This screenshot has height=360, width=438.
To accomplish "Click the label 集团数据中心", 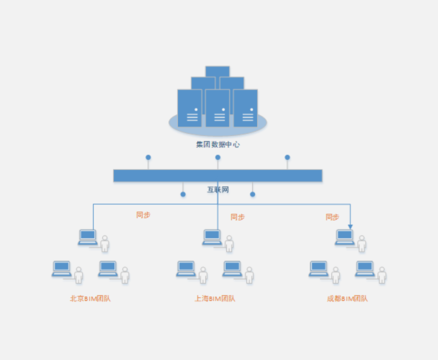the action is pyautogui.click(x=218, y=145).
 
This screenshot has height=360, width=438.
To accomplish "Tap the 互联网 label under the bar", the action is pyautogui.click(x=218, y=189).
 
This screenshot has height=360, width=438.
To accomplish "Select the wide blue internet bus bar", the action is pyautogui.click(x=218, y=176).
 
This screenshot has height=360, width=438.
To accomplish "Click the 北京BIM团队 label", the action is pyautogui.click(x=90, y=299).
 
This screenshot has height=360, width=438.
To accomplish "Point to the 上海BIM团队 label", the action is pyautogui.click(x=215, y=299).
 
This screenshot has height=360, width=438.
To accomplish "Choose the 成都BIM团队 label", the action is pyautogui.click(x=347, y=299).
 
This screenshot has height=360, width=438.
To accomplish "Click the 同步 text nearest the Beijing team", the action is pyautogui.click(x=143, y=215).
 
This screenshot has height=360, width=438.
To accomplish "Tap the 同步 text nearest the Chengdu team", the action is pyautogui.click(x=332, y=217).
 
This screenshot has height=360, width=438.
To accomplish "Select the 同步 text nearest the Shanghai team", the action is pyautogui.click(x=238, y=217).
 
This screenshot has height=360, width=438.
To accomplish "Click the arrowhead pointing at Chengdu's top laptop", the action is pyautogui.click(x=350, y=227).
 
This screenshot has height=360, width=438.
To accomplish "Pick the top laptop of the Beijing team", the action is pyautogui.click(x=88, y=238).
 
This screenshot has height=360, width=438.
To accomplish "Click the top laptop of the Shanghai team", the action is pyautogui.click(x=212, y=238).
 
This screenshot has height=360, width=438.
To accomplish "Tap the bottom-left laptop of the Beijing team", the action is pyautogui.click(x=62, y=269).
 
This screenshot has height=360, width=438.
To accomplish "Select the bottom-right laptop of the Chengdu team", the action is pyautogui.click(x=365, y=269).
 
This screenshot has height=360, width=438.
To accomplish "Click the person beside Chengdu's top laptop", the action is pyautogui.click(x=362, y=243).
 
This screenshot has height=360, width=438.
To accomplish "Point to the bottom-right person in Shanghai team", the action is pyautogui.click(x=249, y=275).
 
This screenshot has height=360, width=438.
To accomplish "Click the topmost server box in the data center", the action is pyautogui.click(x=218, y=71).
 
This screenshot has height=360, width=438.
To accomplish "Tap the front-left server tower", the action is pyautogui.click(x=189, y=108).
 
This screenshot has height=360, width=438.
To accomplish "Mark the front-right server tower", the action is pyautogui.click(x=246, y=108).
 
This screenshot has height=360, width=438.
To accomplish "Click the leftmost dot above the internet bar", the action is pyautogui.click(x=148, y=158).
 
